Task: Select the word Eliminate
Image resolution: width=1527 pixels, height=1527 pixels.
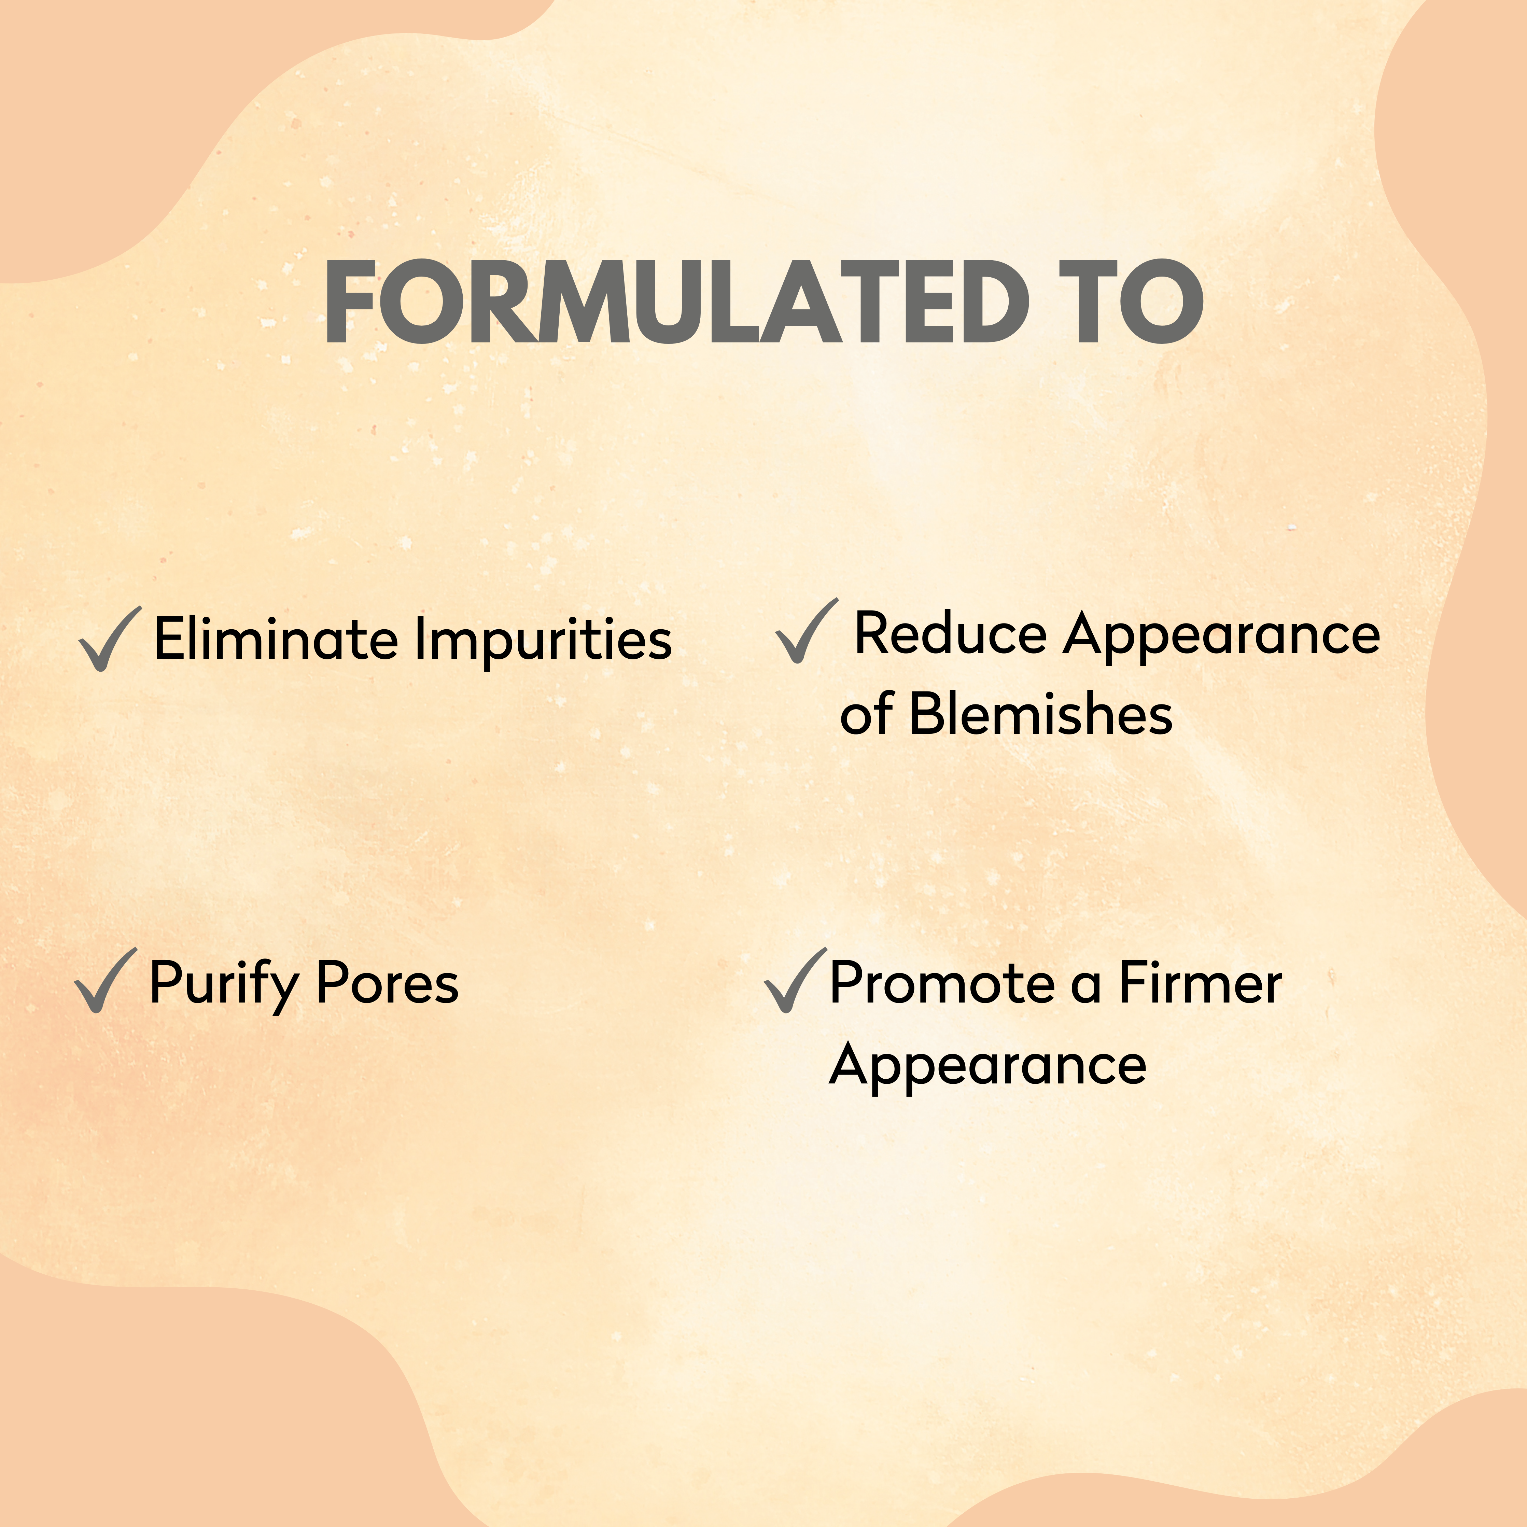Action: (276, 639)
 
